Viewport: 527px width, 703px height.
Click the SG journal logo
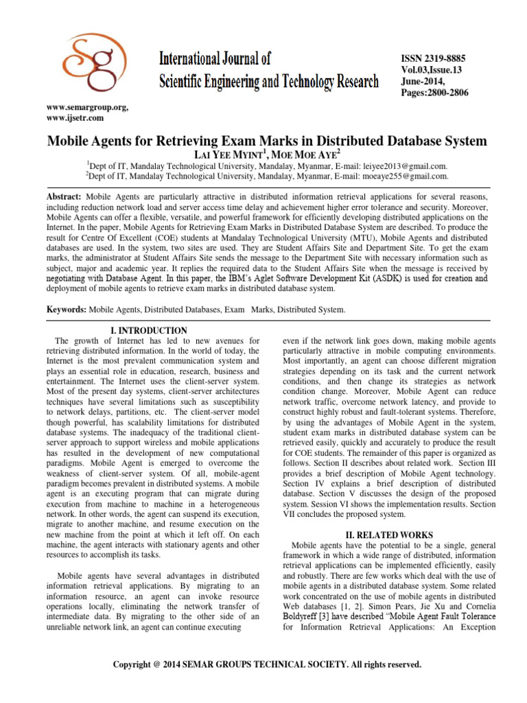[x=76, y=62]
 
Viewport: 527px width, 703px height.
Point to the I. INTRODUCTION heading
[x=149, y=330]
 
